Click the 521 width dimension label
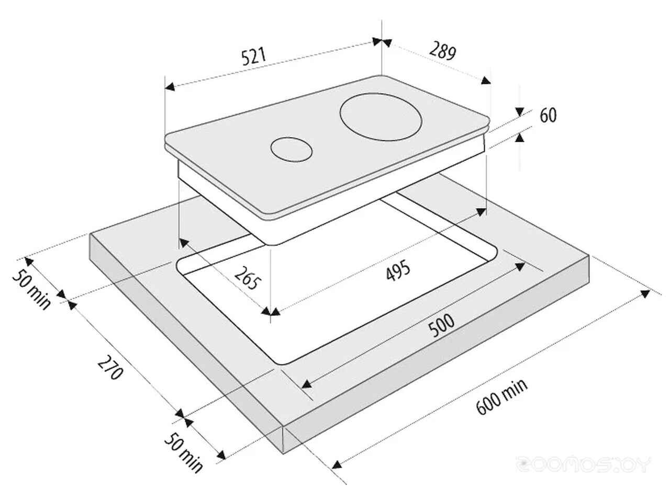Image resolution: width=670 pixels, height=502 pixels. click(x=254, y=56)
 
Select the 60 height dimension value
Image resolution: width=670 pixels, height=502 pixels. click(x=548, y=115)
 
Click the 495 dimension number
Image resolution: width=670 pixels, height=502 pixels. click(x=398, y=270)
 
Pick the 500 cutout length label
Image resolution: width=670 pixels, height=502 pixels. click(x=441, y=325)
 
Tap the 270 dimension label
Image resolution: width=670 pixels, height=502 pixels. click(x=110, y=367)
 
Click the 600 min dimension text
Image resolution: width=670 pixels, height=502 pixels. click(x=502, y=396)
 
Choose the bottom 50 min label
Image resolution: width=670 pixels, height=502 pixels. click(x=183, y=452)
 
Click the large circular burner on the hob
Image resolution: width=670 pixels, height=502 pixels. click(x=381, y=117)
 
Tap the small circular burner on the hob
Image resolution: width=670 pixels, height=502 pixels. click(x=291, y=150)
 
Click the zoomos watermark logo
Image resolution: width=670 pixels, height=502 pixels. click(x=583, y=465)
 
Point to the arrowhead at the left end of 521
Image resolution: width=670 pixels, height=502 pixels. click(x=170, y=87)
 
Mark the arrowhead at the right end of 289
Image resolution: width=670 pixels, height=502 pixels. click(x=486, y=81)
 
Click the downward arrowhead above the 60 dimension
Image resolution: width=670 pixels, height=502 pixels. click(x=520, y=112)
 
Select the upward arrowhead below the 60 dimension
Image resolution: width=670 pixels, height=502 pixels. click(x=520, y=138)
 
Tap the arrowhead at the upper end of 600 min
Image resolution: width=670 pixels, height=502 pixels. click(x=645, y=293)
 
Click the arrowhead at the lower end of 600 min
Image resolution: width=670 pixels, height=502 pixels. click(x=337, y=464)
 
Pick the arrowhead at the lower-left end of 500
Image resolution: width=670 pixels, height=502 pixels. click(x=306, y=384)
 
